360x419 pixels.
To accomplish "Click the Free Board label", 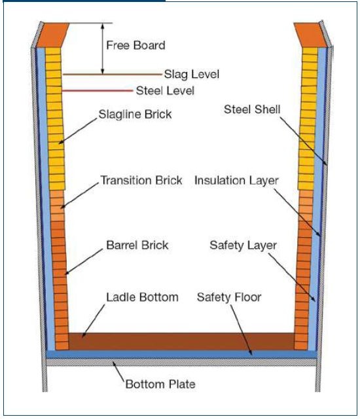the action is (135, 45).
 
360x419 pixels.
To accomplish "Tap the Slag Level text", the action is (192, 74).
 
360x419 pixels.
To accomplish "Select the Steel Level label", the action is (165, 91).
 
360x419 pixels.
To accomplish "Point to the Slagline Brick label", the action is (135, 115).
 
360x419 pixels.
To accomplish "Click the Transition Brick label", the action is (141, 180).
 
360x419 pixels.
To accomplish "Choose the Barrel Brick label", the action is (137, 245).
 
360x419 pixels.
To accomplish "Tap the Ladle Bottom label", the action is (142, 297).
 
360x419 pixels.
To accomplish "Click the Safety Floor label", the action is (229, 297).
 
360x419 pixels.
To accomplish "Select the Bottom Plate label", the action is (160, 384).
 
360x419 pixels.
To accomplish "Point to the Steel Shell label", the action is (252, 109).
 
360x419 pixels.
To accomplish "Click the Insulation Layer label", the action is (236, 181).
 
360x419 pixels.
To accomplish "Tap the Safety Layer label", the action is (243, 246).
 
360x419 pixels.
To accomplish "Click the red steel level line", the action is (98, 91).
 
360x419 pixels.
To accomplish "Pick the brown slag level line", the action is (112, 74).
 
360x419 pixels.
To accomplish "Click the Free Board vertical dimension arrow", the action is (102, 48).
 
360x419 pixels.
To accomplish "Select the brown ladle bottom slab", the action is (181, 341).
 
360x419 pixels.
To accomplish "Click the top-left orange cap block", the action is (52, 35).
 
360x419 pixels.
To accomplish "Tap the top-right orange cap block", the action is (311, 35).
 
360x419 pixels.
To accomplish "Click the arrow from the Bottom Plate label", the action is (118, 371).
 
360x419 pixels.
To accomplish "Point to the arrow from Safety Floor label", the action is (241, 330).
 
